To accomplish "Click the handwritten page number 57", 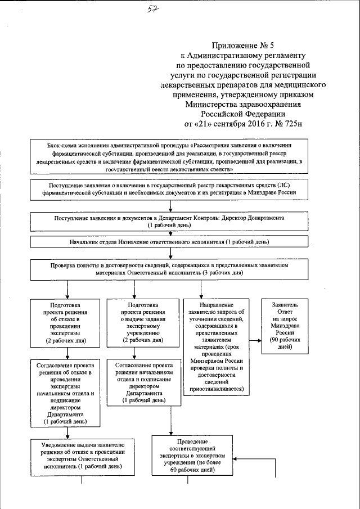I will [x=151, y=10].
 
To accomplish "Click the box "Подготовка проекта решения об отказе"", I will [x=67, y=323].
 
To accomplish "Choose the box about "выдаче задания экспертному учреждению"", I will [x=143, y=323].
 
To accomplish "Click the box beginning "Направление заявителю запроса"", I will [x=216, y=346].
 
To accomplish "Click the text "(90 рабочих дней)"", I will [x=289, y=344].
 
